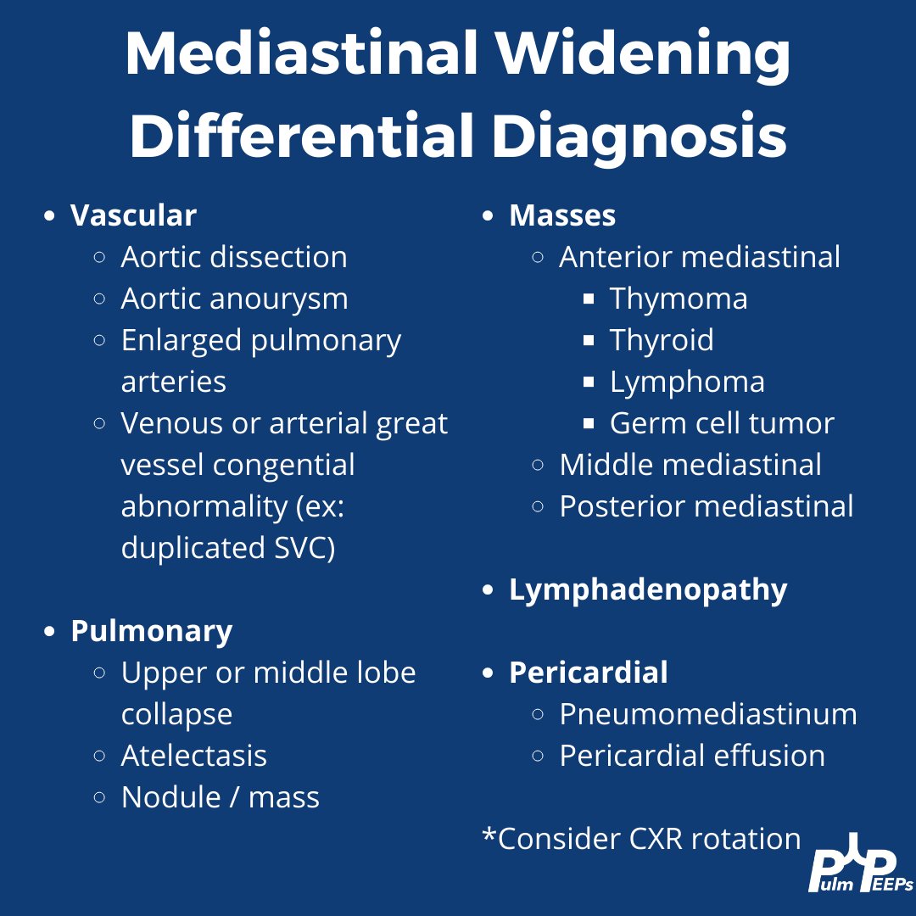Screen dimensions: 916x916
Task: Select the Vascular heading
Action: point(133,215)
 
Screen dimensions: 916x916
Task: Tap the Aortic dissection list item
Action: point(233,257)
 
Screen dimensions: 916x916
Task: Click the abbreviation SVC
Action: point(299,548)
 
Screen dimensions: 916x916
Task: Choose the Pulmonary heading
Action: point(151,631)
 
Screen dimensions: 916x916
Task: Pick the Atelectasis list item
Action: point(193,756)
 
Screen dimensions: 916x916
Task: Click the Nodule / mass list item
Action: point(220,797)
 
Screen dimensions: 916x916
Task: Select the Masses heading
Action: point(561,215)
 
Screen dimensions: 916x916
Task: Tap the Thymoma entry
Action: point(678,299)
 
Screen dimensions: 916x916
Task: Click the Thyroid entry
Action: point(661,340)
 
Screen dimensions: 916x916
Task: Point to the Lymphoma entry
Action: point(686,382)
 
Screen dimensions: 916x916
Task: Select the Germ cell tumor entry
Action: point(721,423)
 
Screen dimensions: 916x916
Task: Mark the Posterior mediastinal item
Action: point(706,506)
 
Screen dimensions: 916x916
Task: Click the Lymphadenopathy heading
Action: point(647,589)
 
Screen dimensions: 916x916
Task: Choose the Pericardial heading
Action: point(588,673)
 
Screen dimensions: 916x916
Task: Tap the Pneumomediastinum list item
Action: point(707,714)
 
